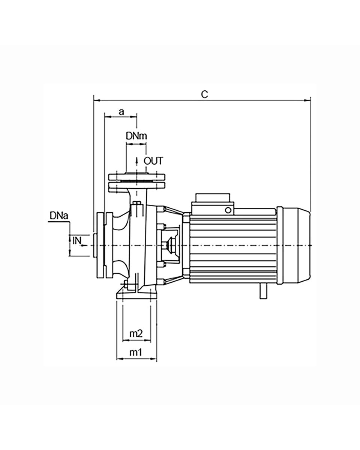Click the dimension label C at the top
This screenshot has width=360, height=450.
click(204, 94)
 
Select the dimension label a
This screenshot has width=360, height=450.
click(121, 112)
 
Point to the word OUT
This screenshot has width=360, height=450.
click(153, 161)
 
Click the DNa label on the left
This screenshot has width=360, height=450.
click(59, 216)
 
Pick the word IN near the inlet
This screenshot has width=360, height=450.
click(77, 241)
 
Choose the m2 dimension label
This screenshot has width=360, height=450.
click(136, 333)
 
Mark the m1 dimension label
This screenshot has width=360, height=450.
click(136, 352)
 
